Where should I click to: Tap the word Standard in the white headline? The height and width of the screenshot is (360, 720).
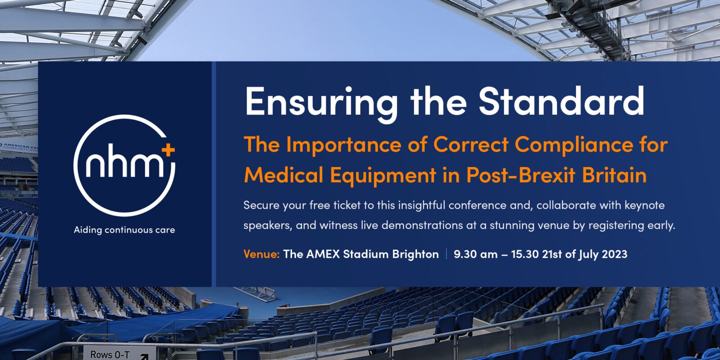click(561, 100)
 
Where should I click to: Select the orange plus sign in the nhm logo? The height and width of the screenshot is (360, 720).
click(168, 150)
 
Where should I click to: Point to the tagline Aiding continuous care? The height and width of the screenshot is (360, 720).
click(124, 230)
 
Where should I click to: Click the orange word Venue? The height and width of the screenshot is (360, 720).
click(261, 254)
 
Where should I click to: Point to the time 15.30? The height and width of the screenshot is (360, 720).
click(525, 254)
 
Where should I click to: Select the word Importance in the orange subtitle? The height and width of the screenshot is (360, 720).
click(344, 145)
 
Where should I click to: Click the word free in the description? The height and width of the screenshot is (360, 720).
click(319, 205)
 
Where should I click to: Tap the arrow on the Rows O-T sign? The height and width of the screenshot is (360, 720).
click(144, 356)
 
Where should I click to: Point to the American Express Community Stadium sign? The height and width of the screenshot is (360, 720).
click(19, 147)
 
